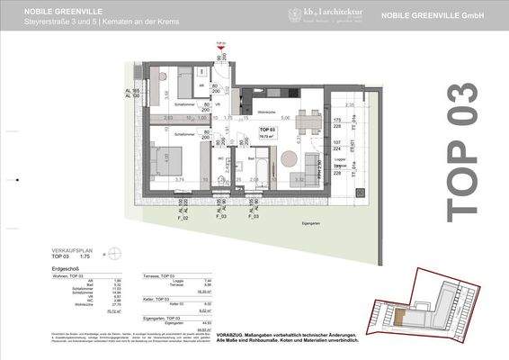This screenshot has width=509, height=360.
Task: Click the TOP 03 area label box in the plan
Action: [x=267, y=135]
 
